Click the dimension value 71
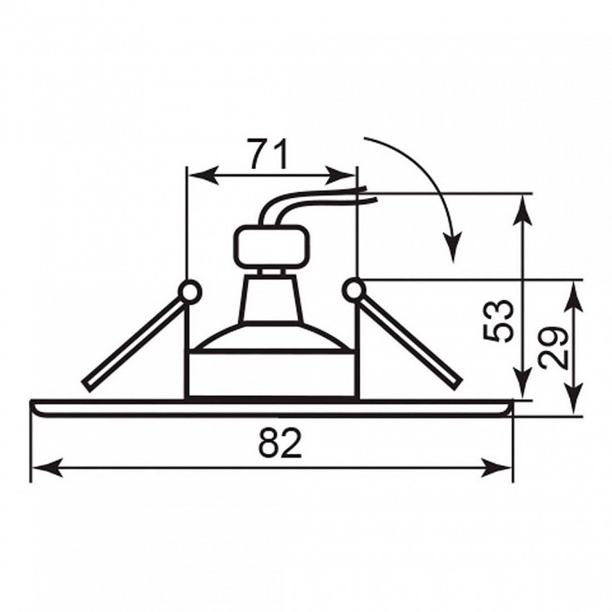[269, 154]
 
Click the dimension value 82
[280, 443]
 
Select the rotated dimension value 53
[497, 320]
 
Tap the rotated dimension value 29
[553, 348]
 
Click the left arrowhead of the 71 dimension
[203, 176]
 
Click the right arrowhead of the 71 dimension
[341, 176]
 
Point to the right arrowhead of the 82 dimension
[496, 467]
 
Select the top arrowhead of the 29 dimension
[574, 296]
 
